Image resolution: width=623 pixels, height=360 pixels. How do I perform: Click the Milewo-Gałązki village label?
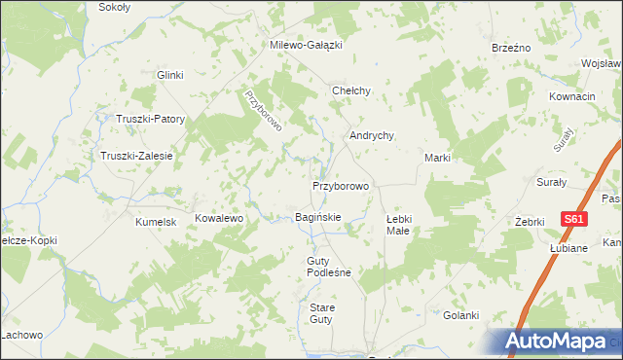coord(307,45)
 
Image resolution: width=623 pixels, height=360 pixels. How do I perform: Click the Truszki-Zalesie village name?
coord(136,156)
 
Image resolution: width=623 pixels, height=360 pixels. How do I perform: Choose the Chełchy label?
coord(351,90)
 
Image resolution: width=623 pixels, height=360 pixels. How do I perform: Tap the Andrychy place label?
coord(372,136)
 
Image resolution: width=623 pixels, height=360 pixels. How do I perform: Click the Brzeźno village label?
coord(510,48)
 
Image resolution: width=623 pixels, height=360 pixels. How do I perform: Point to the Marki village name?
coord(435,158)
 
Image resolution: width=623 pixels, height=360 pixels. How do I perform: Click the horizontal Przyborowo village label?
coord(341,185)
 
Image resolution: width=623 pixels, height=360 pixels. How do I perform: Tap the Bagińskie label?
coord(318,217)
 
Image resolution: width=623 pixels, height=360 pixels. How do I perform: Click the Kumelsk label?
coord(155,222)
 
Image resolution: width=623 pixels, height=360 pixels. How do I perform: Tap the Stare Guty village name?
coord(321,313)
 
